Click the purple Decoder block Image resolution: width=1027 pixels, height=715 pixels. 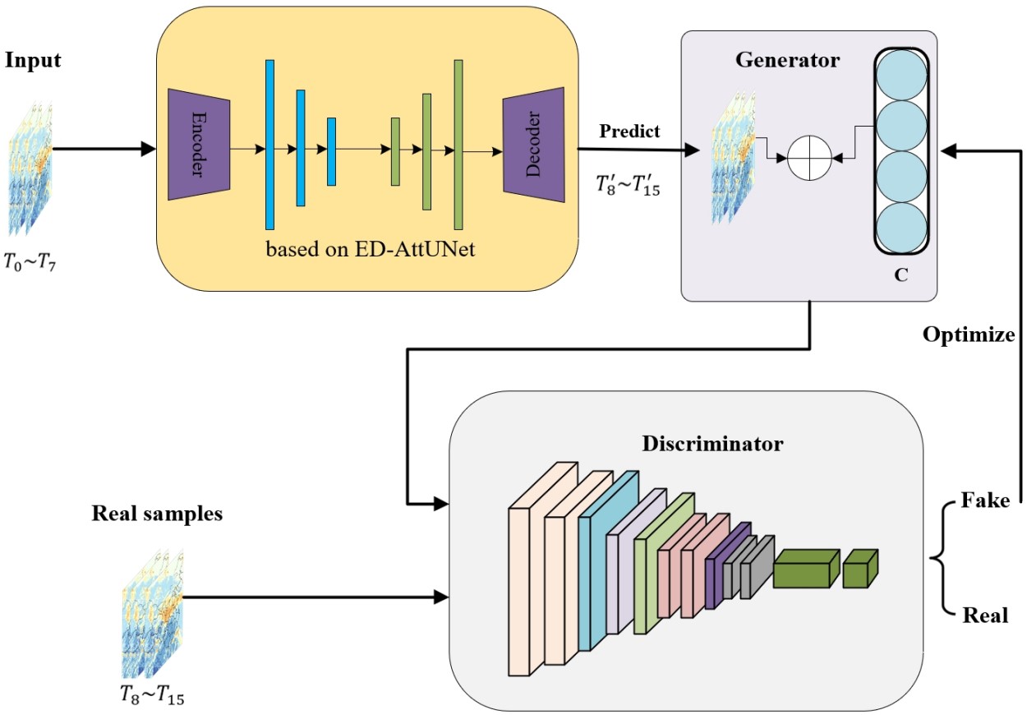[x=534, y=145]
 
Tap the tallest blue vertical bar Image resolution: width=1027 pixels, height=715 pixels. [x=269, y=145]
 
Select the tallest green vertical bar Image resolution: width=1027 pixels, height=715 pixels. [x=458, y=145]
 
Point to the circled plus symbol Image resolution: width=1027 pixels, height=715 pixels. [x=810, y=155]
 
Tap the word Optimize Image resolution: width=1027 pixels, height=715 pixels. [x=969, y=334]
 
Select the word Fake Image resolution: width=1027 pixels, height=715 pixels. [x=985, y=501]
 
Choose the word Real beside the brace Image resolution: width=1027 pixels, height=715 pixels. [x=984, y=615]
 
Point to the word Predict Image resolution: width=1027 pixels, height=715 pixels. [x=629, y=131]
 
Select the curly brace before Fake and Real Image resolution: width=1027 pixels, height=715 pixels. [x=940, y=559]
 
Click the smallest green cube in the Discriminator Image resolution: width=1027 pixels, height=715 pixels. [x=860, y=569]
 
